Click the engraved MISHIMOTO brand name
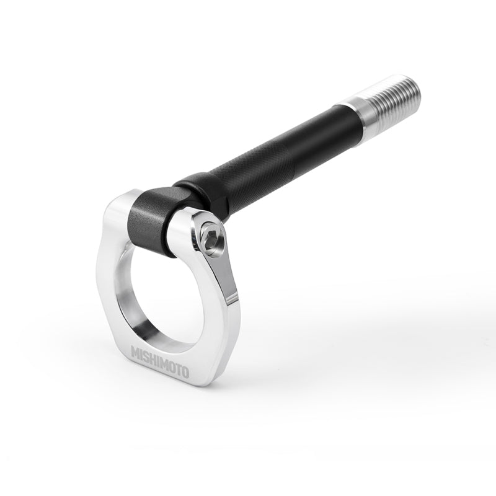(x=160, y=362)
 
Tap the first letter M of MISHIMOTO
(x=135, y=353)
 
